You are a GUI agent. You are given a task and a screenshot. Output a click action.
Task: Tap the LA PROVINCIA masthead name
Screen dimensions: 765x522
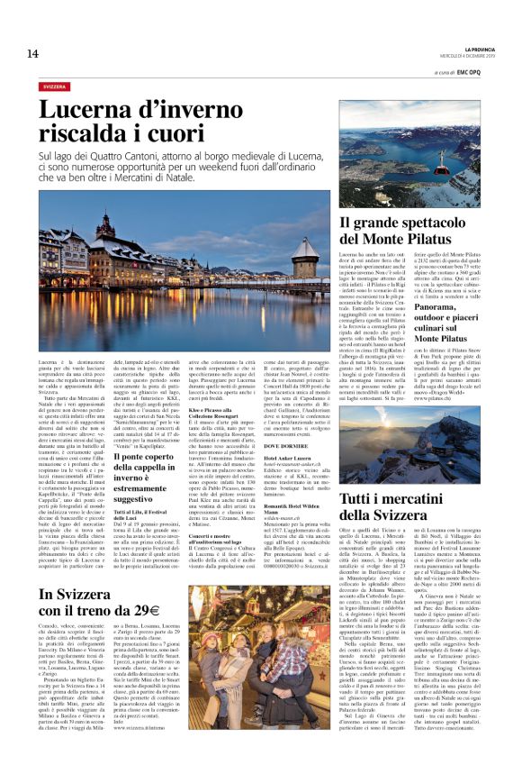[x=476, y=48]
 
